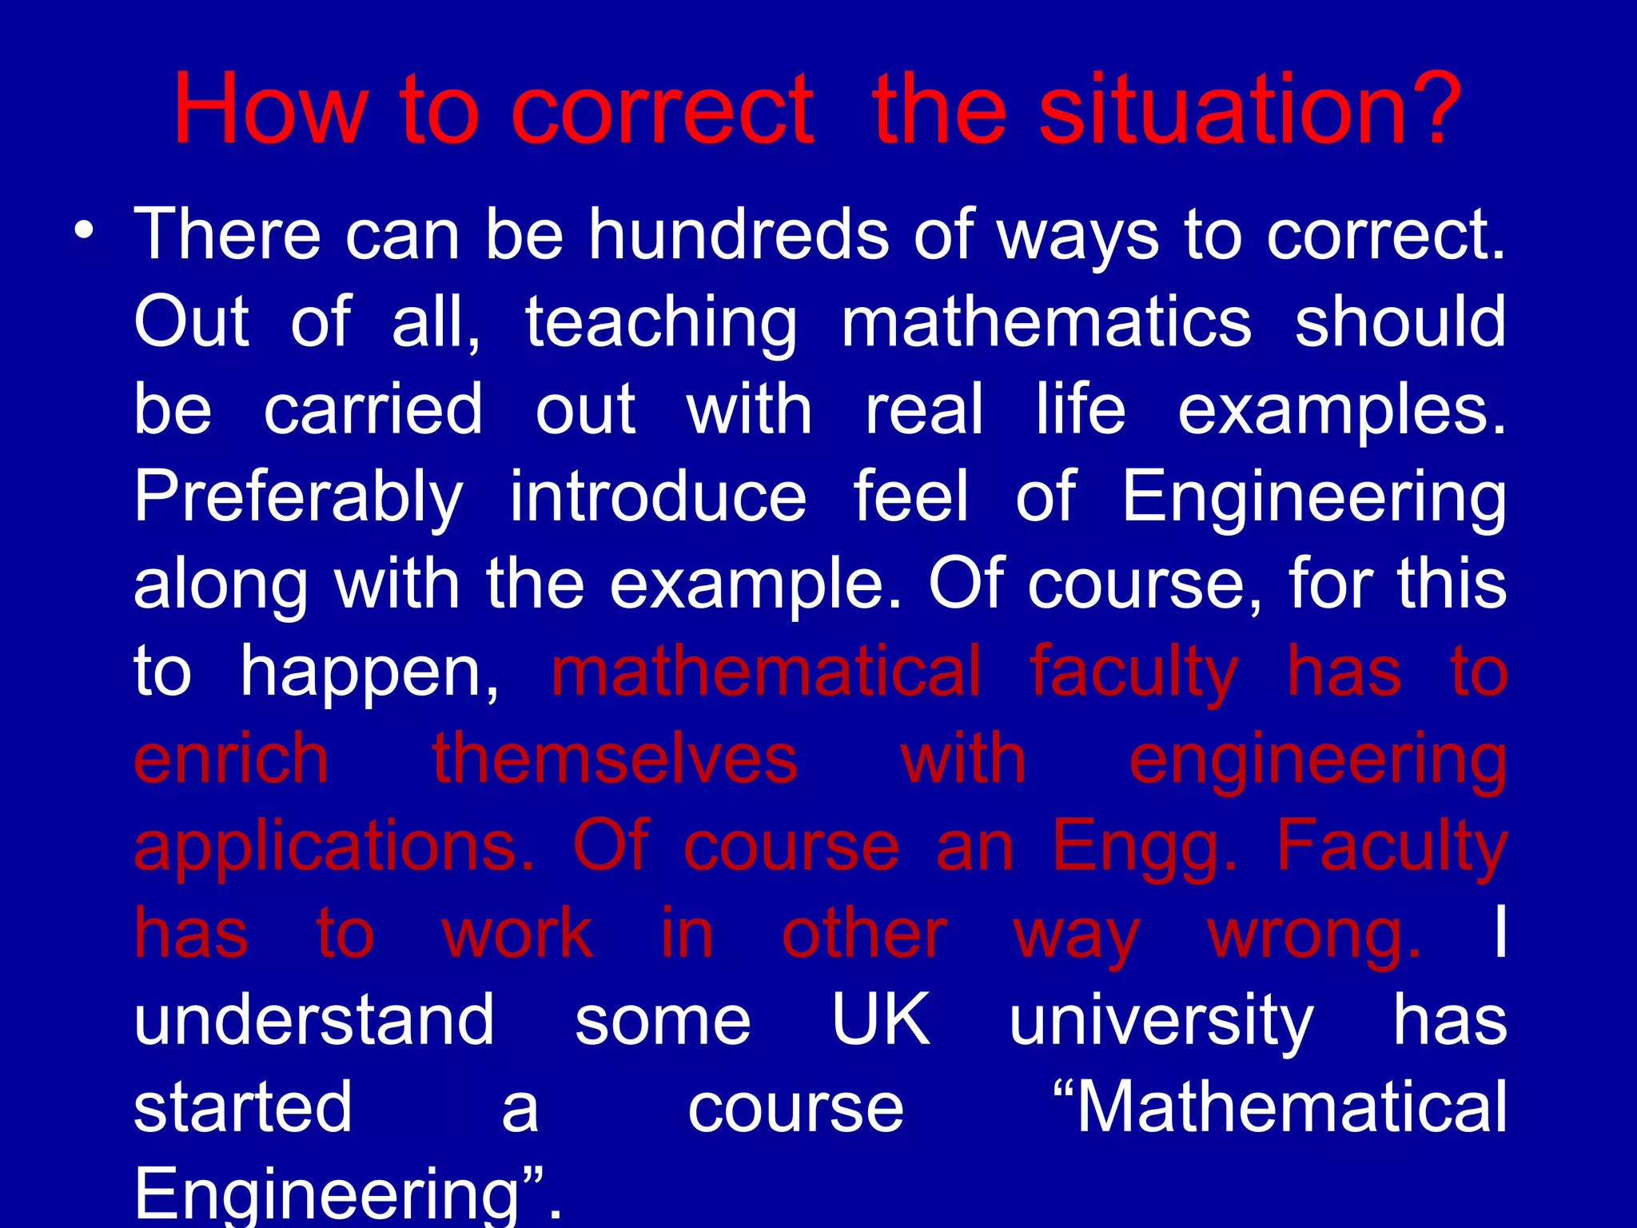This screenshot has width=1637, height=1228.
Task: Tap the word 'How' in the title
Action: coord(270,110)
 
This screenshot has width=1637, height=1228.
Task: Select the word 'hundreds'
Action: coord(739,235)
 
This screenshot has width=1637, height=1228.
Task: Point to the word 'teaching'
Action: coord(661,323)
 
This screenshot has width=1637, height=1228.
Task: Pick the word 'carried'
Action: coord(373,409)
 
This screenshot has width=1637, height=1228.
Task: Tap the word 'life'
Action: coord(1080,409)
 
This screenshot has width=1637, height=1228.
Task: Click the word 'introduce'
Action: coord(659,497)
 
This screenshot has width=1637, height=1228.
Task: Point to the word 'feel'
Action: coord(911,497)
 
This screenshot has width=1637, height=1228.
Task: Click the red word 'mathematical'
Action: coord(766,672)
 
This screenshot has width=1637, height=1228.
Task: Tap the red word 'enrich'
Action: coord(231,759)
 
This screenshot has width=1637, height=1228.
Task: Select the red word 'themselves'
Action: coord(615,759)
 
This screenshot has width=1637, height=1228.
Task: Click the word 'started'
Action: coord(243,1108)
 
